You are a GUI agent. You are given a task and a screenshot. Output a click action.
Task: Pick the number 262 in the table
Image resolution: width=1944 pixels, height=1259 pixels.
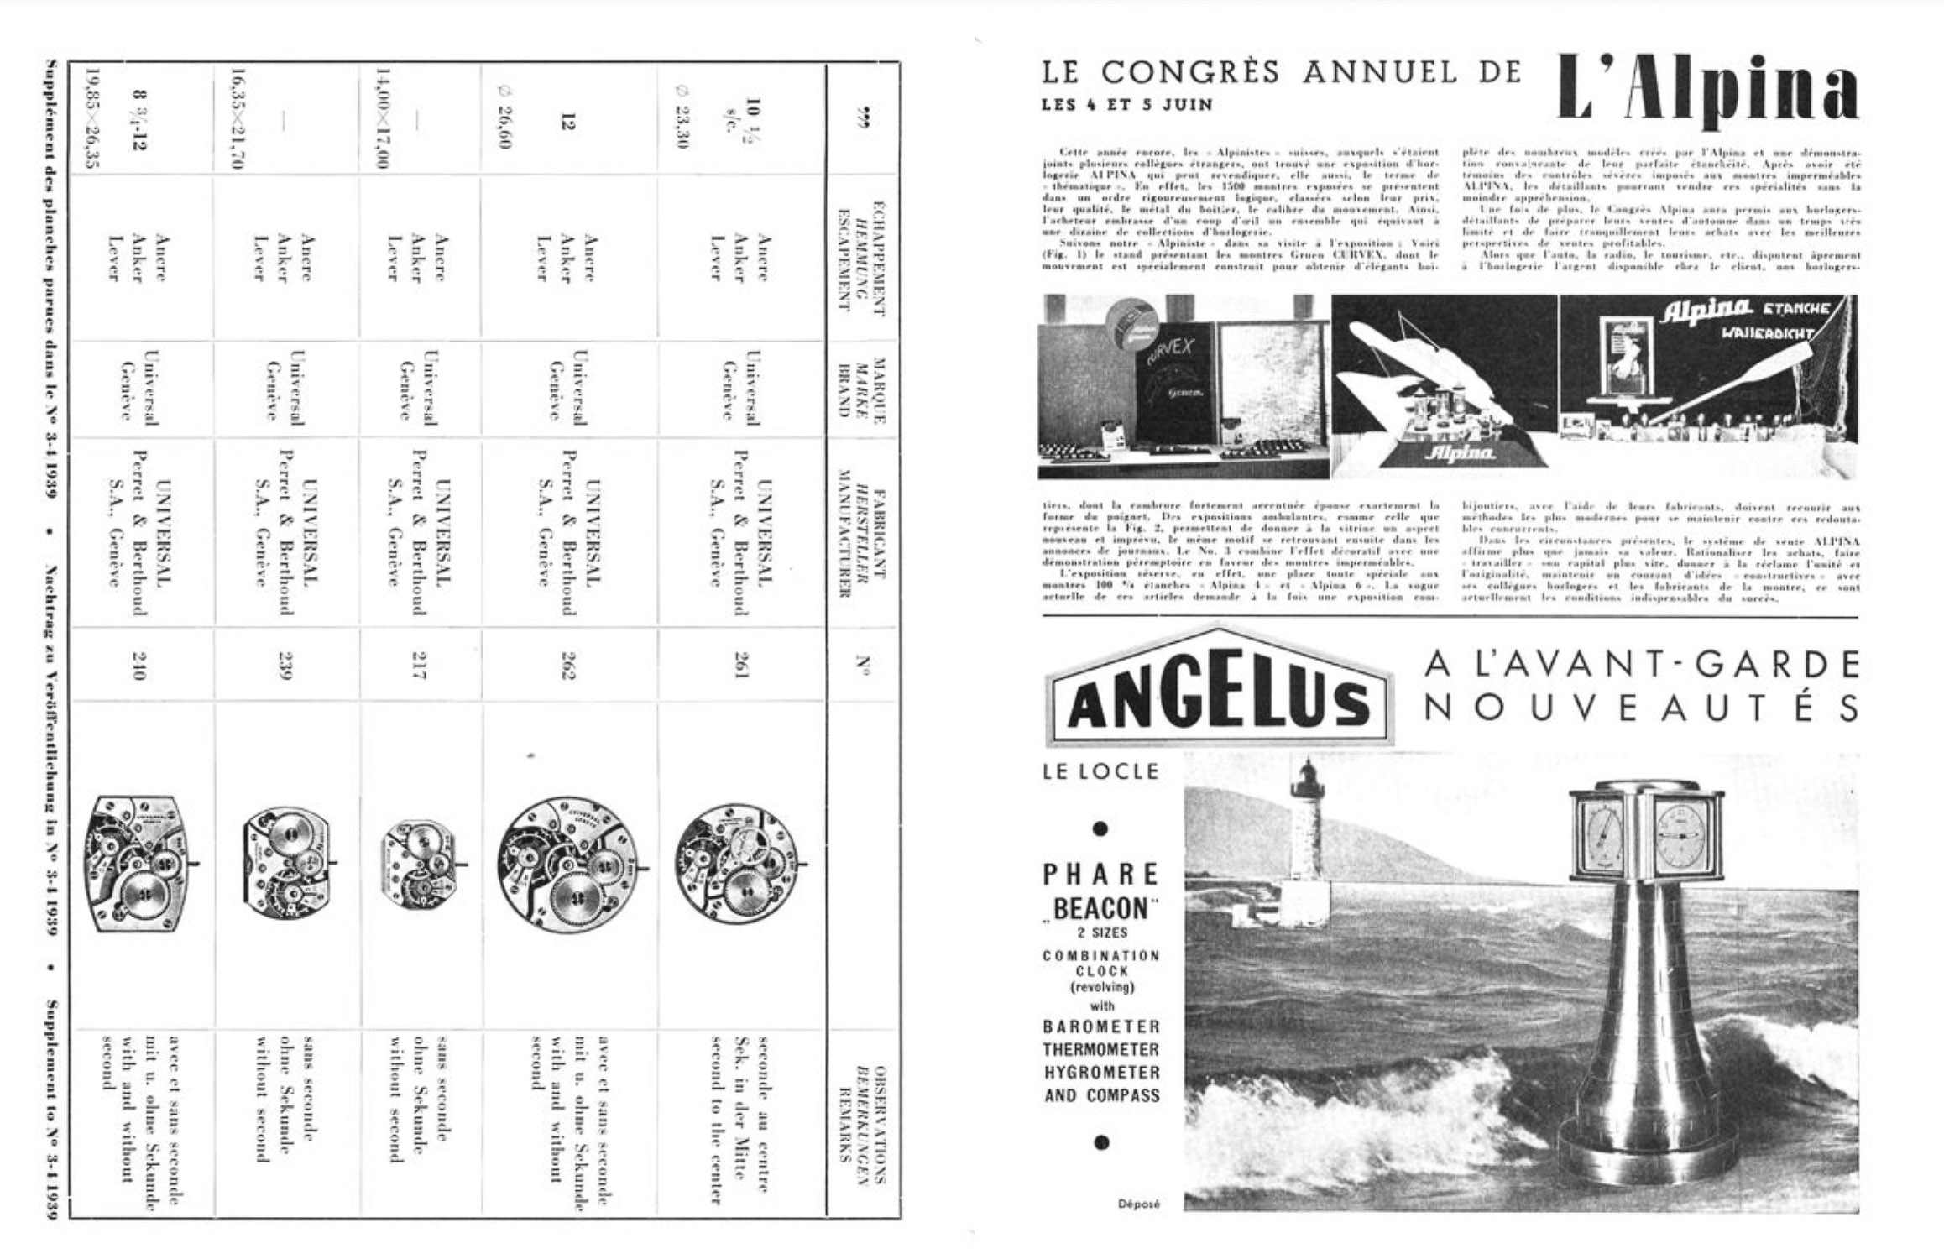pos(569,666)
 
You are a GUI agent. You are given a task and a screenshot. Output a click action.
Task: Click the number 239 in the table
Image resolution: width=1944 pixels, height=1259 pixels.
pos(285,666)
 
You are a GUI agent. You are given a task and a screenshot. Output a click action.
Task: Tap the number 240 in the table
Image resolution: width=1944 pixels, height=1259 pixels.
pos(138,666)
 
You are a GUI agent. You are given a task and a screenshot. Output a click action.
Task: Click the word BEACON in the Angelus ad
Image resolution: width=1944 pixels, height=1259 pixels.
pos(1100,908)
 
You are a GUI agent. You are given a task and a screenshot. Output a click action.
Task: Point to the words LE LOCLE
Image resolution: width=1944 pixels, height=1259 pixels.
pos(1100,771)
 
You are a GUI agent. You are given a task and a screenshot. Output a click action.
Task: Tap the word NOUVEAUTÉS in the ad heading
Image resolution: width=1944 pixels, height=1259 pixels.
pos(1641,709)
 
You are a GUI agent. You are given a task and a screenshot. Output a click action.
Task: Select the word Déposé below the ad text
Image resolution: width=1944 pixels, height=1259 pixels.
pos(1138,1204)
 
